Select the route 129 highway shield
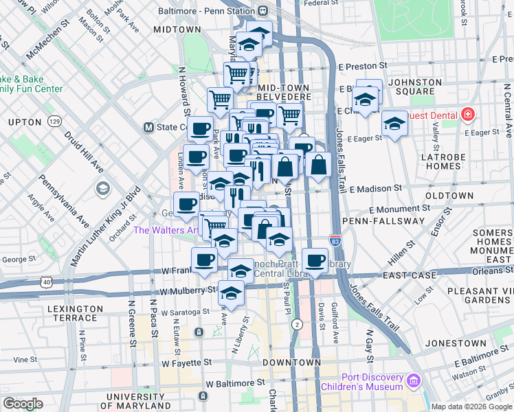[54, 122]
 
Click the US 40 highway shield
[46, 282]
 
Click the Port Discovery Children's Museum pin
[413, 380]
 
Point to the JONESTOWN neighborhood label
[451, 343]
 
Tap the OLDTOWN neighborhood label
[449, 196]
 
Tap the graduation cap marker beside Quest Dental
[394, 124]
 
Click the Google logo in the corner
[23, 404]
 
